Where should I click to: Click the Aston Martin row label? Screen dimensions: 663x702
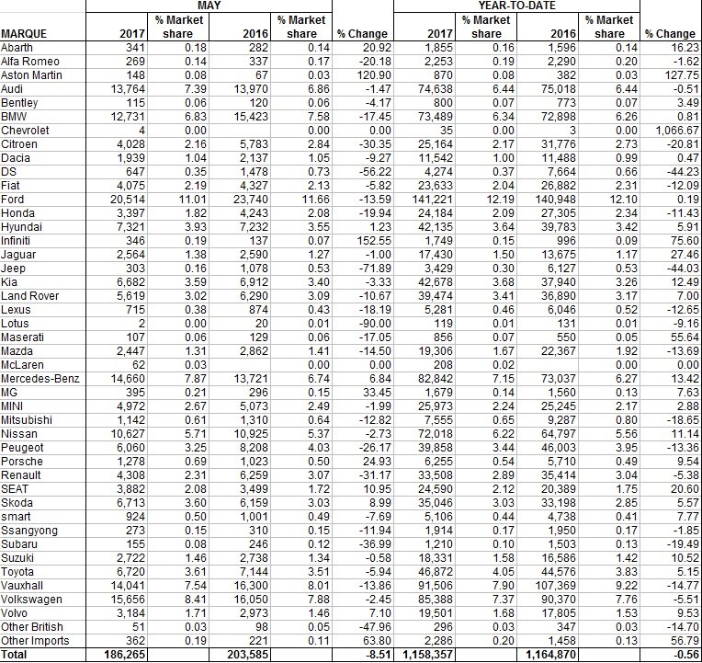[x=34, y=74]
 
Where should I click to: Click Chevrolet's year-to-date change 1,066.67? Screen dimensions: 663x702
[x=674, y=130]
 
